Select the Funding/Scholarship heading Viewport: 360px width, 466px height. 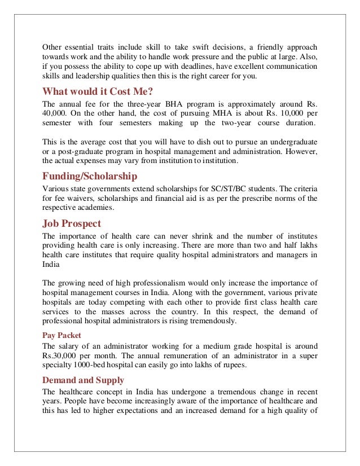[x=90, y=176]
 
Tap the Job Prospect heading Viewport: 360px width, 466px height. [x=72, y=223]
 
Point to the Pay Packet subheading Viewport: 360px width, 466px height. [x=62, y=335]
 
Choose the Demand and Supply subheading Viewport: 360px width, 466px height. [x=84, y=380]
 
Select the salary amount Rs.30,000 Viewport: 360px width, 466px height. [x=61, y=355]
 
